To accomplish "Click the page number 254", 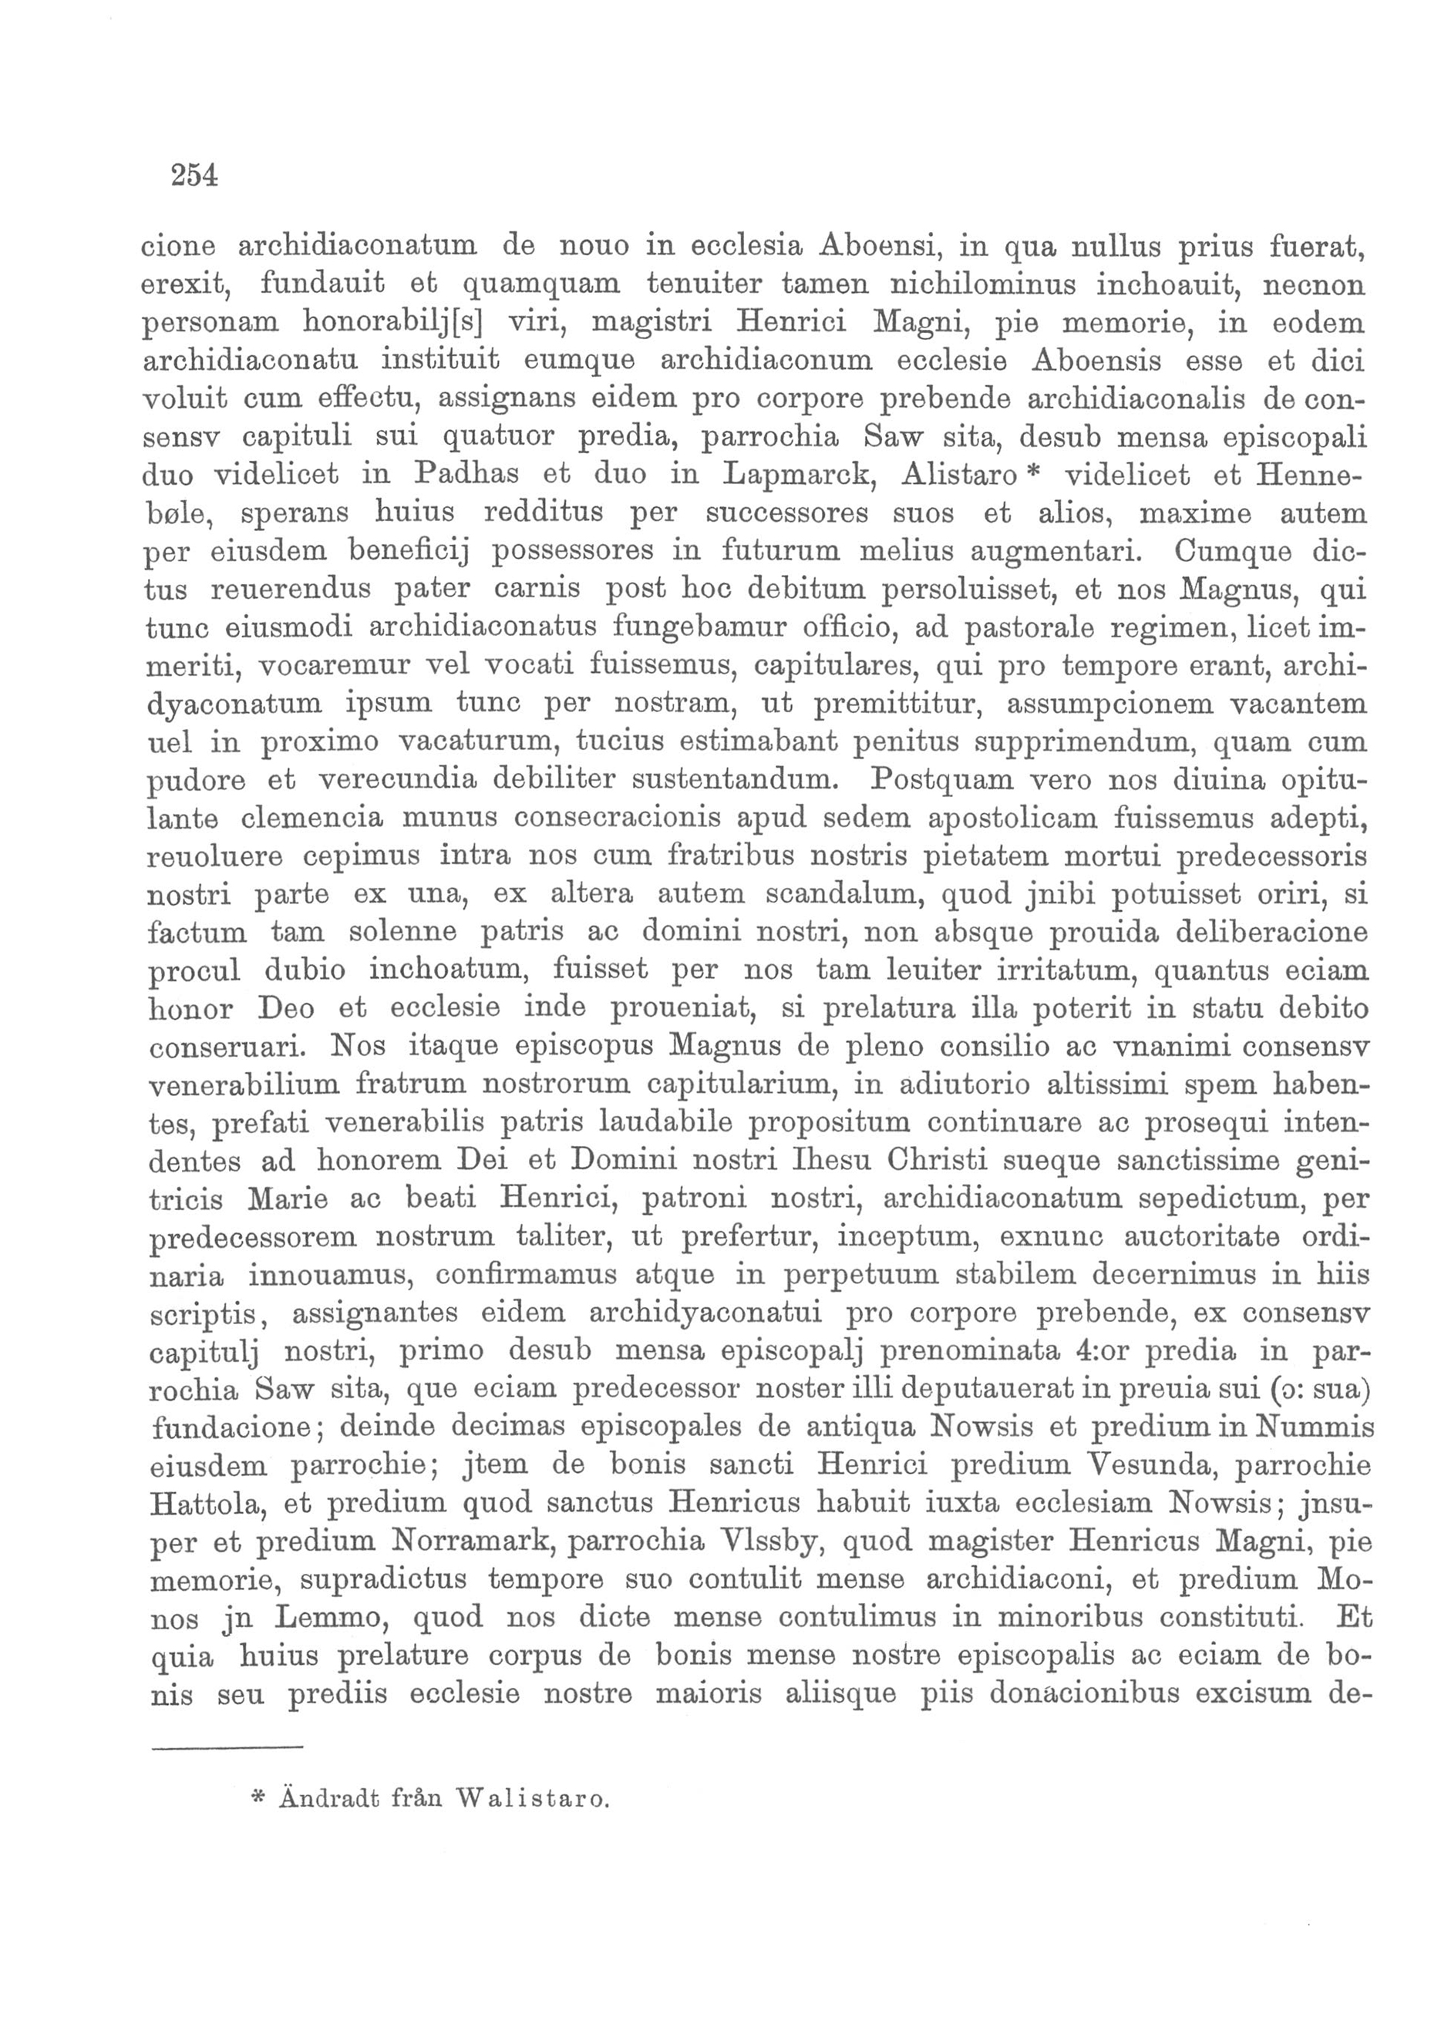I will pyautogui.click(x=194, y=176).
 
